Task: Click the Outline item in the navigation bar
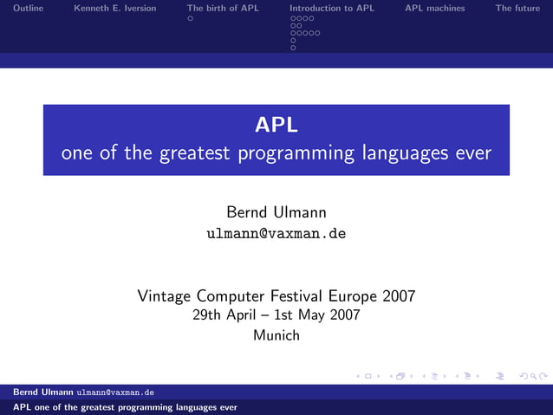[29, 8]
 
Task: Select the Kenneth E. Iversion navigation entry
[115, 8]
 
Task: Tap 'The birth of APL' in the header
[223, 8]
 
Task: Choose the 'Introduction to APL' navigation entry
[332, 8]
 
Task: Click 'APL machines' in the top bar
[435, 8]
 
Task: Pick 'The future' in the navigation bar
[517, 8]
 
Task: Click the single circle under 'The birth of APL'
[190, 18]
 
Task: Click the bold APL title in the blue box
[276, 126]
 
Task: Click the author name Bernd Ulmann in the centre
[276, 212]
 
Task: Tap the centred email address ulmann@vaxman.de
[276, 234]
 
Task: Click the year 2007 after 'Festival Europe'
[398, 296]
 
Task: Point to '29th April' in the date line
[224, 315]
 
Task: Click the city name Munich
[276, 335]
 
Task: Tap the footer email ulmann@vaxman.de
[115, 392]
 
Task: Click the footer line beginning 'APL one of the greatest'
[120, 406]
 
